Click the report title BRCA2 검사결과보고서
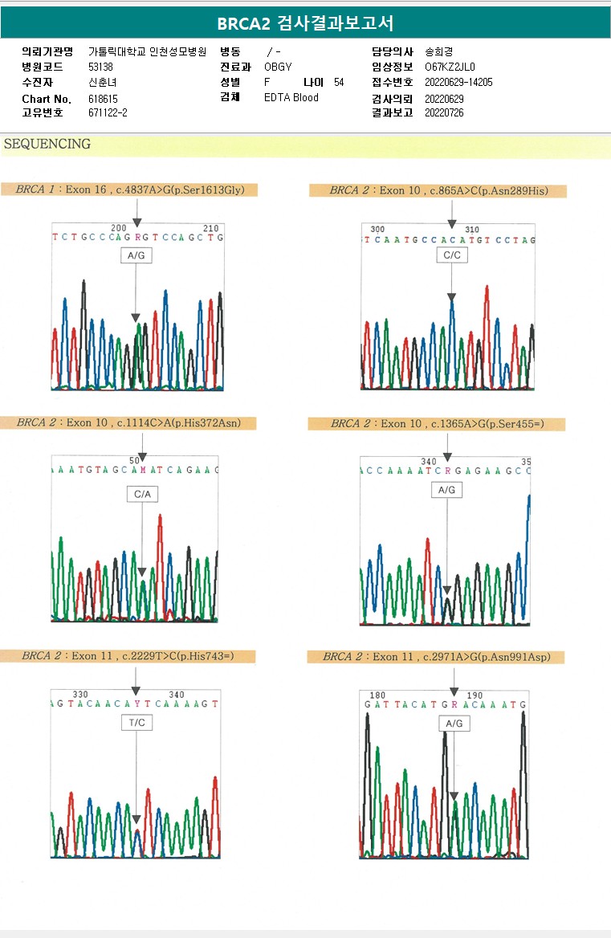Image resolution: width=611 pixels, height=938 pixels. (x=305, y=23)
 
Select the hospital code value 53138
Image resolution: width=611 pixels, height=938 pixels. (x=101, y=67)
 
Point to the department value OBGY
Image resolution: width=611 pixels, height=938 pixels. (x=278, y=67)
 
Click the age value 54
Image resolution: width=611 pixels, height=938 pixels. (x=339, y=82)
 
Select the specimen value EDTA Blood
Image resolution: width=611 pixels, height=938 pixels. (x=291, y=97)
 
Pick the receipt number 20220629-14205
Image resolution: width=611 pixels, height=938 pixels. (x=458, y=82)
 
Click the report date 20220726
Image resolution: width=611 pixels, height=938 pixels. (x=444, y=112)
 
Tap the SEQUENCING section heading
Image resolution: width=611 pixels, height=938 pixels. (x=47, y=145)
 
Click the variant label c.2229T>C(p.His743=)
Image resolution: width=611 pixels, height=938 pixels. (x=177, y=656)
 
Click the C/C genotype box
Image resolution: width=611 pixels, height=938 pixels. (x=452, y=255)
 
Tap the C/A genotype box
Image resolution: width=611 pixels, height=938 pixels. (x=142, y=494)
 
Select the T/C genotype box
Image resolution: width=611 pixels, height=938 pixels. (x=136, y=723)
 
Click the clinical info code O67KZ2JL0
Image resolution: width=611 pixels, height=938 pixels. (x=450, y=67)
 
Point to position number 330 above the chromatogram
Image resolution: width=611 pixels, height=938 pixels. (x=80, y=695)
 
